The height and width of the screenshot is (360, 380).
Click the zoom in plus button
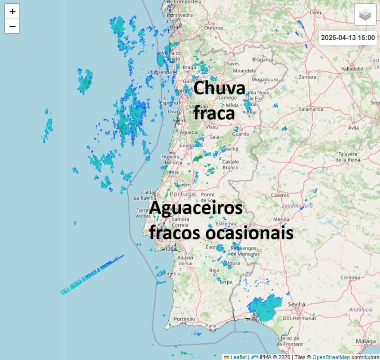12,11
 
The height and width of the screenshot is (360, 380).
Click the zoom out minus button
12,26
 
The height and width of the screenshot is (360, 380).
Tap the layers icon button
365,15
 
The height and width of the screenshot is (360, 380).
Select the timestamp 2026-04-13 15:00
348,37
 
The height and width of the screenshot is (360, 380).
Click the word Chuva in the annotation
219,88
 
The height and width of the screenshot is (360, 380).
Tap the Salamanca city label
311,109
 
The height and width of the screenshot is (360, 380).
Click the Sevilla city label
296,304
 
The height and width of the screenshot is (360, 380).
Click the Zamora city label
308,77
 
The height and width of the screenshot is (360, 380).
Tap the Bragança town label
263,60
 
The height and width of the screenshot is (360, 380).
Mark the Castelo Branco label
230,164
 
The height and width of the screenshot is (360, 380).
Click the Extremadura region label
297,206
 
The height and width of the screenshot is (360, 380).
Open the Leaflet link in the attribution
238,357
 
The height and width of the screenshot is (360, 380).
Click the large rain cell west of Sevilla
265,307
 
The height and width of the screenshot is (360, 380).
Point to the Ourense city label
214,28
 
